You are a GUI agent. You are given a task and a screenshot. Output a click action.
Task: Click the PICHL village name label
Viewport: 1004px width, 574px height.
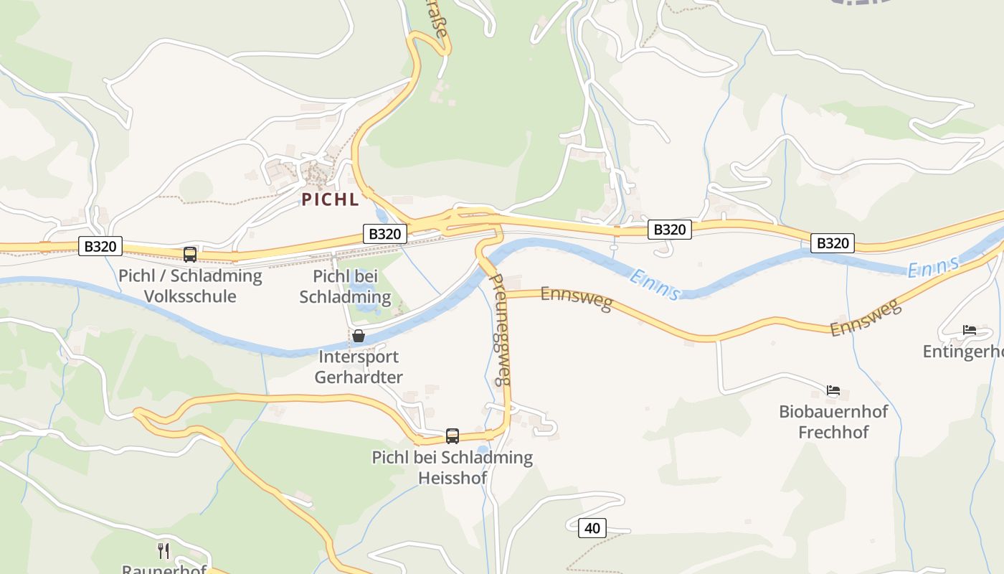pos(330,199)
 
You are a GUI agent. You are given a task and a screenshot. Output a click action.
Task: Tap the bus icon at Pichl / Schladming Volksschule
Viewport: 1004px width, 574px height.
pos(190,254)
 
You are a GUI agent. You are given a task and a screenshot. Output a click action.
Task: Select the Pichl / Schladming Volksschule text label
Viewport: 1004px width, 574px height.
pos(190,286)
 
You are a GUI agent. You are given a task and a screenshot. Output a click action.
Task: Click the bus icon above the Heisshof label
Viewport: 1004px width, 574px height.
pos(453,436)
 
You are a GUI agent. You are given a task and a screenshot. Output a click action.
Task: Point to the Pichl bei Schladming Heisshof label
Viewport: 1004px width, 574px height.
pos(452,467)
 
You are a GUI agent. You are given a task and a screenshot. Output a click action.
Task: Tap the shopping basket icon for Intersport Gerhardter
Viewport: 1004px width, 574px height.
pos(359,336)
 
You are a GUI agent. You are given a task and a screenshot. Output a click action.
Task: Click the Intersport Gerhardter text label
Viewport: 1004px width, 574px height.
pos(359,367)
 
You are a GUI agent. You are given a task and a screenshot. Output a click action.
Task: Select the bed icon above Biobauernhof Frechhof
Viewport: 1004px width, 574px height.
pos(833,390)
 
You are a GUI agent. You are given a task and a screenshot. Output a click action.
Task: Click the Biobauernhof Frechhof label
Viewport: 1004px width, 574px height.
pos(833,422)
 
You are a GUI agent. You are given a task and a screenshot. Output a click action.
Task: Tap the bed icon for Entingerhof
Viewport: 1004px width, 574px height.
pos(969,330)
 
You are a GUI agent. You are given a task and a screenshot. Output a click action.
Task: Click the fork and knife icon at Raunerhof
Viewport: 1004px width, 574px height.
pos(164,550)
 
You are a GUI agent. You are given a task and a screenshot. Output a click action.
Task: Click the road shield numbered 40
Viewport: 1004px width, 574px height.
pos(592,528)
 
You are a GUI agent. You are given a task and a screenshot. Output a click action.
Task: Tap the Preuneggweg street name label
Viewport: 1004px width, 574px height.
pos(501,329)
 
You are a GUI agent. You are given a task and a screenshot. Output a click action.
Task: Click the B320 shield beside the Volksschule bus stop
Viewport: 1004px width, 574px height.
pos(100,246)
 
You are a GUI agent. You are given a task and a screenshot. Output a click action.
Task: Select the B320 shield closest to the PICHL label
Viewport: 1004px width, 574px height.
pos(385,233)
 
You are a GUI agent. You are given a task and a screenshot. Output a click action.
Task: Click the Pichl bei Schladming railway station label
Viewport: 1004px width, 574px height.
pos(345,286)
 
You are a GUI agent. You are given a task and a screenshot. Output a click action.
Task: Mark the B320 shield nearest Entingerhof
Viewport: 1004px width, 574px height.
pos(833,243)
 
